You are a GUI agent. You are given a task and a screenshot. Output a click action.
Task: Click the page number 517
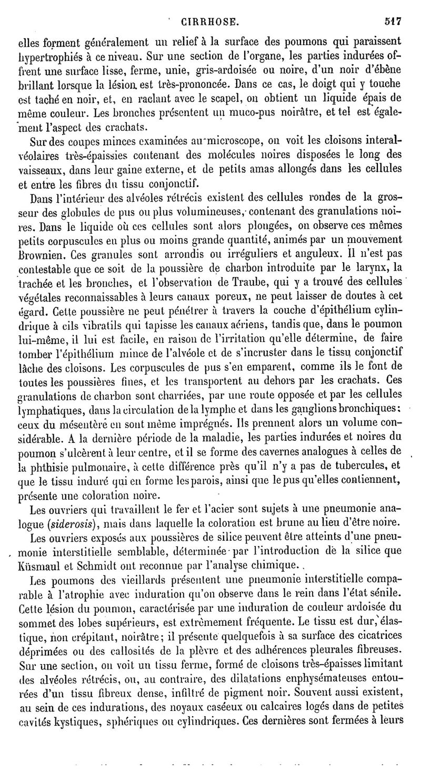coord(393,22)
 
